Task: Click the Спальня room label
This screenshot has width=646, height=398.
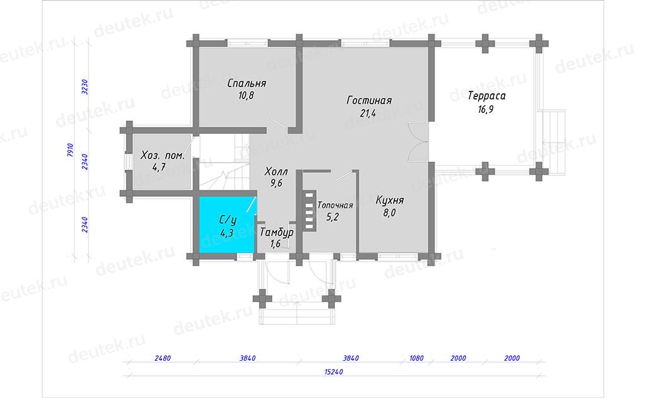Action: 247,83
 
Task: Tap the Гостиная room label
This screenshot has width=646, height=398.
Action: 369,100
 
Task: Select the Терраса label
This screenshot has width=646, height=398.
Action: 486,96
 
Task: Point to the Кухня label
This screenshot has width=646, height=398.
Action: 389,200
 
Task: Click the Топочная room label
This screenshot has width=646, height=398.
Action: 335,205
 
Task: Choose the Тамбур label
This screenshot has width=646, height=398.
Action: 276,232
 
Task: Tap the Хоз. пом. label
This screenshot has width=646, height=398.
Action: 162,156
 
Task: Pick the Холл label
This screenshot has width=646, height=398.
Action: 276,171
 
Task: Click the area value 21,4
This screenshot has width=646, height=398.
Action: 368,114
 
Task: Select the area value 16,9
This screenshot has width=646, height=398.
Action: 486,110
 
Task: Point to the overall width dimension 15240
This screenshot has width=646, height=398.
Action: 333,372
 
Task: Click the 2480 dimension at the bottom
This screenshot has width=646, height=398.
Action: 162,358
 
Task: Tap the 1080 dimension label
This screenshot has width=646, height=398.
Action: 416,358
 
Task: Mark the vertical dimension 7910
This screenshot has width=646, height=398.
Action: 70,150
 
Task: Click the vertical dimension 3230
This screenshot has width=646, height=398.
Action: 85,87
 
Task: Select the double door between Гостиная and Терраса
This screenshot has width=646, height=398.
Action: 418,142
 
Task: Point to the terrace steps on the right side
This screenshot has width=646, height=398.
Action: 553,142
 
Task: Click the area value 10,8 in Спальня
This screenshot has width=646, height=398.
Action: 246,96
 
